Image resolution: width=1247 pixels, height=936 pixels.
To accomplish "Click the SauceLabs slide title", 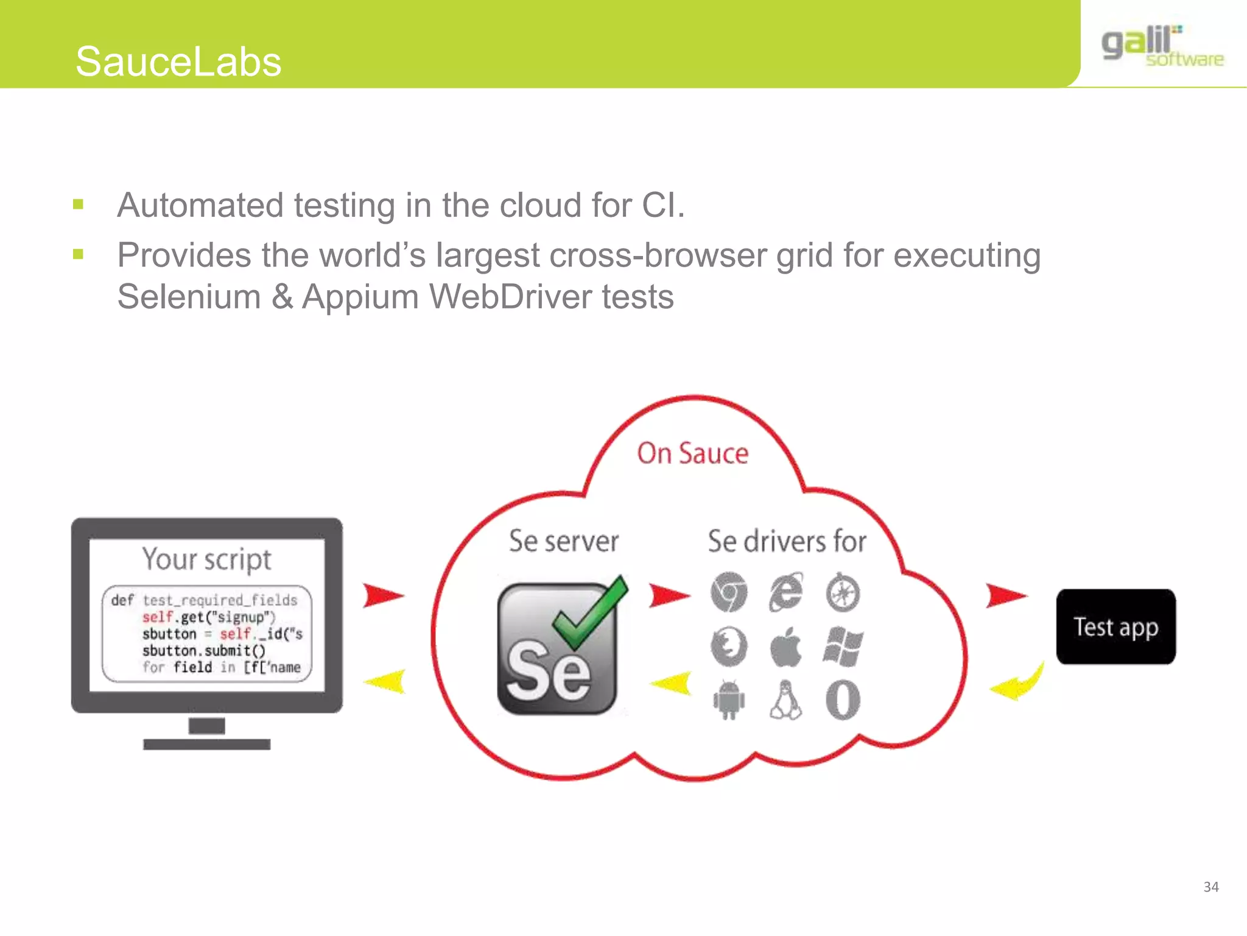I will coord(178,62).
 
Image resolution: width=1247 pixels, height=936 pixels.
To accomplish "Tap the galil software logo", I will coord(1162,46).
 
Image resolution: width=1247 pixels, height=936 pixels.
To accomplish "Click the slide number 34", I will coord(1210,887).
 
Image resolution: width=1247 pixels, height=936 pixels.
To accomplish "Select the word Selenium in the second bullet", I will coord(189,297).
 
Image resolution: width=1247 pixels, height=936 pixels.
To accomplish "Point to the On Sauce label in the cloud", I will coord(692,453).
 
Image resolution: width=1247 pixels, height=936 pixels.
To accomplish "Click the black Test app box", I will coord(1115,626).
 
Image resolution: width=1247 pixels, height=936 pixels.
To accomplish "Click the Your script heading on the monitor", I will coord(206,559).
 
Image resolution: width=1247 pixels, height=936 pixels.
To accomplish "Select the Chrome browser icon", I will coord(728,592).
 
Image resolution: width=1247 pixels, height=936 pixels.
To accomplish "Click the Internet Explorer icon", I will coord(785,592).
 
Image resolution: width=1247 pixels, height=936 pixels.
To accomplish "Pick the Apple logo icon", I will coord(785,647).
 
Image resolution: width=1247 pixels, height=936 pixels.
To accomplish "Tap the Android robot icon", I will coord(728,700).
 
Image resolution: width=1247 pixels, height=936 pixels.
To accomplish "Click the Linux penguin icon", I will coord(785,700).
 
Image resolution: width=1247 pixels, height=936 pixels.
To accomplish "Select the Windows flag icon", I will coord(843,647).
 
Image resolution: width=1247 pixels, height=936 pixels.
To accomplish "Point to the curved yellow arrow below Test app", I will coord(1018,682).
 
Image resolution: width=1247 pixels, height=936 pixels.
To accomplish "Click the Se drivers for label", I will coord(787,541).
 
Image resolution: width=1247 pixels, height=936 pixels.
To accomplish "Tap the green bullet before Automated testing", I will coord(78,204).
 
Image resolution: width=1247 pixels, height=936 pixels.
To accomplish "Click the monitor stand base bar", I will coord(206,744).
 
